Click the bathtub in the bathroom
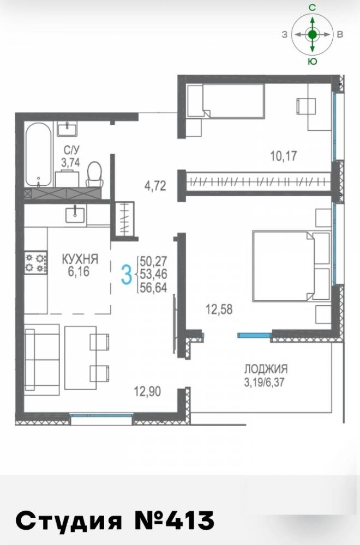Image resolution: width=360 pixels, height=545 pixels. point(38,155)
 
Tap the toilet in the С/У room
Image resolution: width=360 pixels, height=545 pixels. point(94,174)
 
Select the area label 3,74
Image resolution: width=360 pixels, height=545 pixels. point(70,162)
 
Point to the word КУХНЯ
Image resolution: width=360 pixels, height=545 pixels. point(80,259)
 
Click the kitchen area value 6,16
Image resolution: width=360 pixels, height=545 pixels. point(79,271)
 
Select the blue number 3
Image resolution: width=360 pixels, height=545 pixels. point(127,274)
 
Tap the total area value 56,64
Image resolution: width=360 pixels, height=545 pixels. point(153,288)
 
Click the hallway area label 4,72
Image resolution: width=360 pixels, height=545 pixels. point(155,186)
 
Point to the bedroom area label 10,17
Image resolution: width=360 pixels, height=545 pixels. point(284,156)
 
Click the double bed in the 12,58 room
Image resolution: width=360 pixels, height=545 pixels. point(291,265)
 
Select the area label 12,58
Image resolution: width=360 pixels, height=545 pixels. point(219,310)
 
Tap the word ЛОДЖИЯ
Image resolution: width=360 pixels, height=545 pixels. point(266,368)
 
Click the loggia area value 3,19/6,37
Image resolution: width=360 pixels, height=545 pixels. point(265,383)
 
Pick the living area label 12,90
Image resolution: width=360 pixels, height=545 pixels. point(147,392)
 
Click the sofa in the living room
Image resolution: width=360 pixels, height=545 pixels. point(42,359)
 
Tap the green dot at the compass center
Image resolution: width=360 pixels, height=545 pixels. point(313,34)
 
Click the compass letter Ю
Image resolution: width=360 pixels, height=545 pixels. point(313,62)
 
